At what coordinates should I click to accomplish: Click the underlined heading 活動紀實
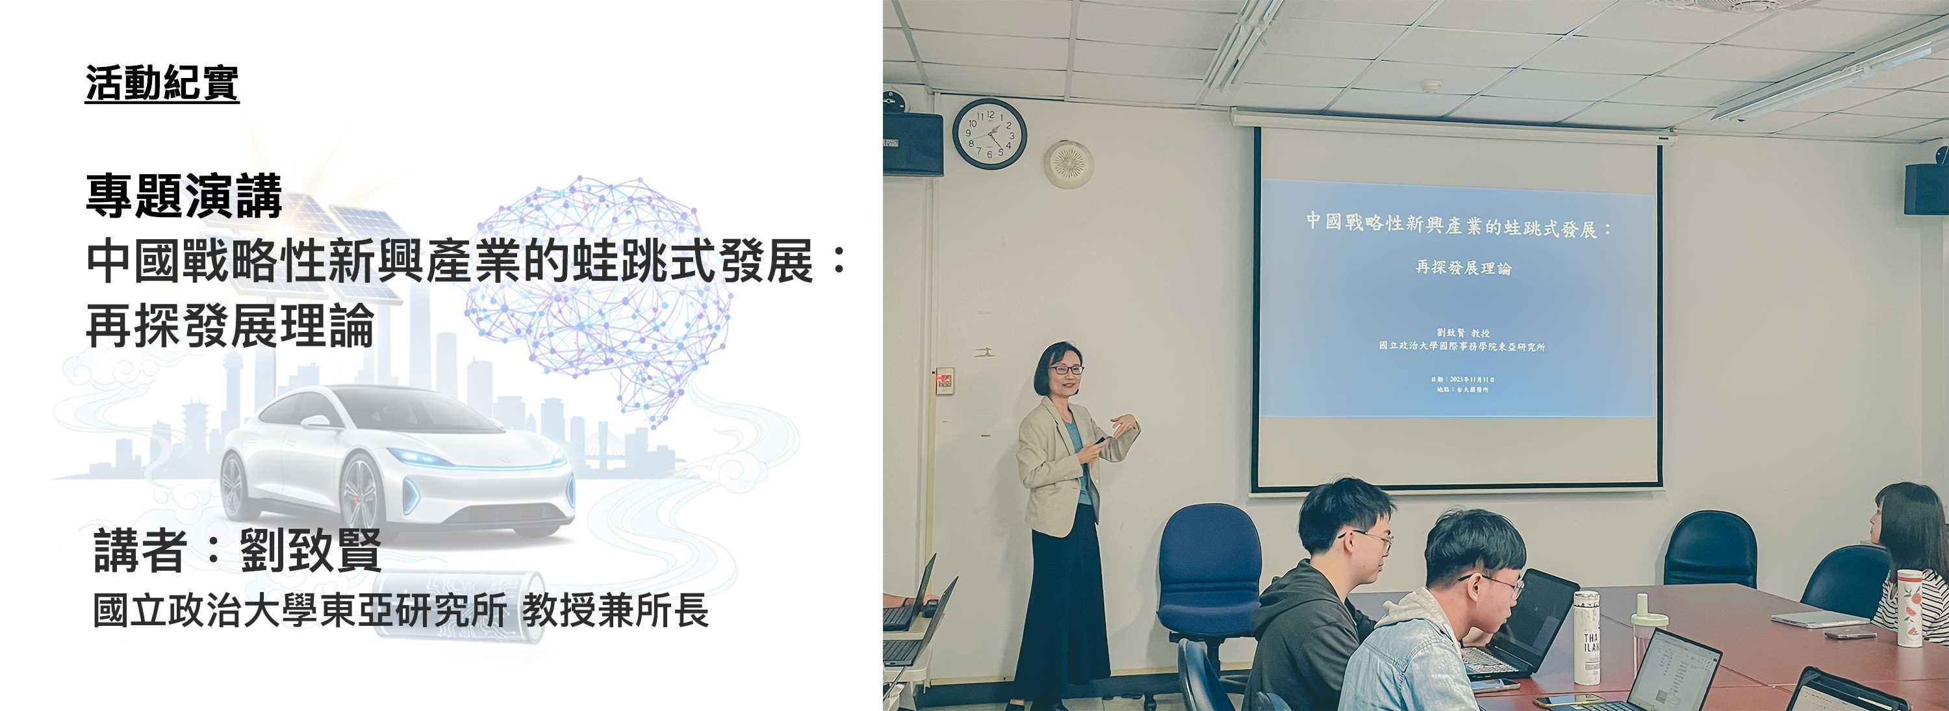(162, 83)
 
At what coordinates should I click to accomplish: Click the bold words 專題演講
(184, 196)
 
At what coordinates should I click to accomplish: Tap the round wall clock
(989, 134)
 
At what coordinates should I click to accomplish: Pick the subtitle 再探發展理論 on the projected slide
(1462, 267)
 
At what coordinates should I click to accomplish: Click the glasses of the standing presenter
(1067, 370)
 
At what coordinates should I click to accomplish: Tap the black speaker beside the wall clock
(913, 144)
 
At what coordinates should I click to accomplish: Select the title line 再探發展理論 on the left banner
(230, 326)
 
